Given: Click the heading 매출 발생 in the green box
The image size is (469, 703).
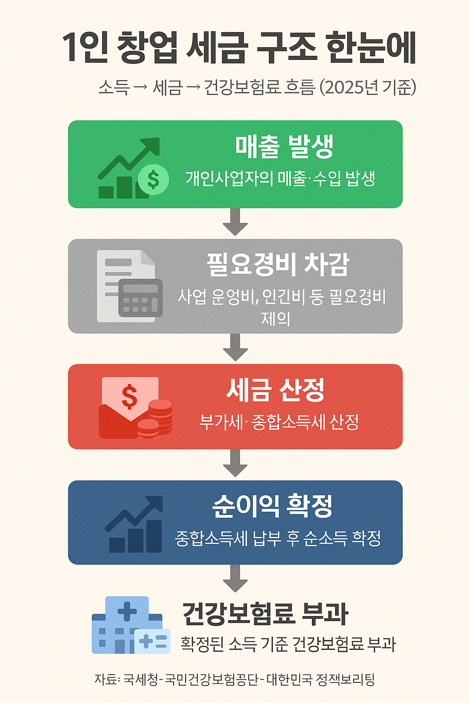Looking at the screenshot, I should point(284,146).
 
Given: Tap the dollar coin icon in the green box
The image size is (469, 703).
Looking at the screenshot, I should point(153,179).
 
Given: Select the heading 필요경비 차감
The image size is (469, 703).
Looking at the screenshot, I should point(278,265).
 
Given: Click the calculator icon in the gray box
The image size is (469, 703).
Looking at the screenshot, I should point(141,297).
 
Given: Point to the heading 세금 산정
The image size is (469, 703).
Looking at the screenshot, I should point(275,390).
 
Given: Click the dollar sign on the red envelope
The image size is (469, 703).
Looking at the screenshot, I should point(130,396).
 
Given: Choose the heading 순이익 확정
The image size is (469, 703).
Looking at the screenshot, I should point(273,506).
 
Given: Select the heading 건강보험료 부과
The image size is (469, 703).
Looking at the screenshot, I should point(265,614).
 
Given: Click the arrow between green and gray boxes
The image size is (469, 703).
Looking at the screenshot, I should point(235,222).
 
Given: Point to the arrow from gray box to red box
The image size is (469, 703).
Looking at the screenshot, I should point(235,348).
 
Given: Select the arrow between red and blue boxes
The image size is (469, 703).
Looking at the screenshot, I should point(235,464).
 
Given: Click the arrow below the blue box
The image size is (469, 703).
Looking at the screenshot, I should point(235,579).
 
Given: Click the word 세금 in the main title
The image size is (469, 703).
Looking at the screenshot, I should point(218,48).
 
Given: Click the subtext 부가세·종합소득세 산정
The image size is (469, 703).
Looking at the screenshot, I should point(279,422).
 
